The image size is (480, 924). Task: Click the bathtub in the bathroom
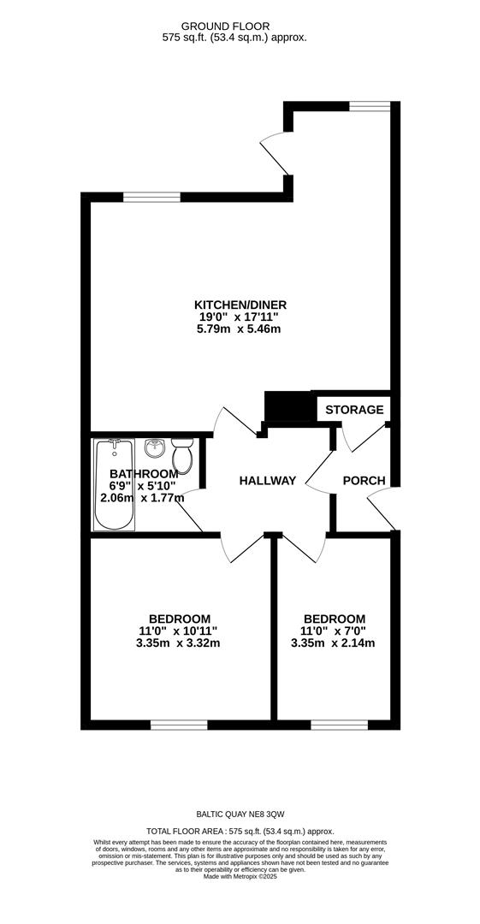[x=115, y=483]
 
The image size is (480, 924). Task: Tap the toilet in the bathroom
[x=181, y=455]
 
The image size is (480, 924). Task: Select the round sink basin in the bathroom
[x=155, y=447]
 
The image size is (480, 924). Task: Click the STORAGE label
[x=354, y=410]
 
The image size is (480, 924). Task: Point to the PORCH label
[x=364, y=481]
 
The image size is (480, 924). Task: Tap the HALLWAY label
[x=267, y=481]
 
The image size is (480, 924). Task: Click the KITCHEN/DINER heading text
[x=240, y=305]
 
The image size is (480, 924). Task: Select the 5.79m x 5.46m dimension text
[x=238, y=329]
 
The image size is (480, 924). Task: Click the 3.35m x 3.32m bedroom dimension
[x=177, y=643]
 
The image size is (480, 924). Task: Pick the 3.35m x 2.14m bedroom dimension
[x=333, y=643]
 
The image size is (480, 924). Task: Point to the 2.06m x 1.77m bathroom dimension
[x=142, y=498]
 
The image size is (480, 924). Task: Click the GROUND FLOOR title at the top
[x=225, y=27]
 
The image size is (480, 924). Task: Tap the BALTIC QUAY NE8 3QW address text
[x=240, y=814]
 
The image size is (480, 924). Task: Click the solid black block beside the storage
[x=287, y=406]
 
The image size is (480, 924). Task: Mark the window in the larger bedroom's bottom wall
[x=179, y=725]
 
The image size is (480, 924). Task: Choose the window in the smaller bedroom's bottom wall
[x=339, y=725]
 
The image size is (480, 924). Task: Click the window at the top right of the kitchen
[x=370, y=106]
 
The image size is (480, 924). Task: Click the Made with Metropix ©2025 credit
[x=240, y=877]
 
